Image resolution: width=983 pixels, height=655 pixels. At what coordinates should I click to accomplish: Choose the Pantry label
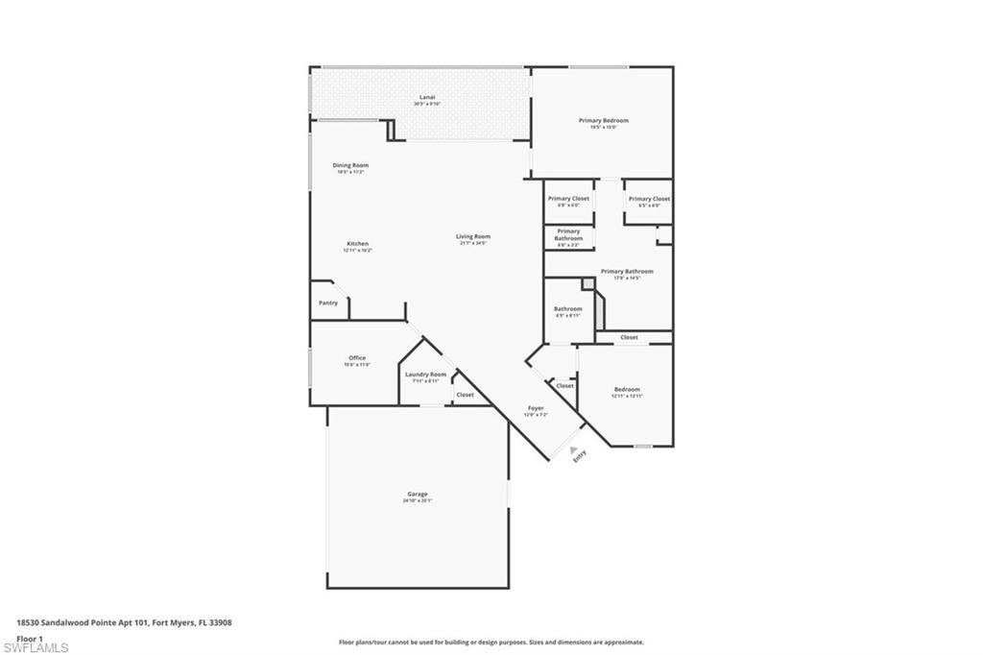point(328,303)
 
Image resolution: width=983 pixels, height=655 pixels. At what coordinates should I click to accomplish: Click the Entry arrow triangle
point(574,449)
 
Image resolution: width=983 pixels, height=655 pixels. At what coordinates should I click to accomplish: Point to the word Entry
point(580,459)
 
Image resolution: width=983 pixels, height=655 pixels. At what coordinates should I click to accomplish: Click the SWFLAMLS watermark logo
point(36,646)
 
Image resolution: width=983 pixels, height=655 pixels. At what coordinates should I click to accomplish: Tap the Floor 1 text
point(30,639)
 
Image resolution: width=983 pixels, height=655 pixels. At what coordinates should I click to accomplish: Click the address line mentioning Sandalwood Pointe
point(124,622)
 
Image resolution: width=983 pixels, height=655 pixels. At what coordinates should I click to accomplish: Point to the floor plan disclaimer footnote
point(491,642)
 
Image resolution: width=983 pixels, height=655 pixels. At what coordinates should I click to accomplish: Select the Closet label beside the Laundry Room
point(465,395)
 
